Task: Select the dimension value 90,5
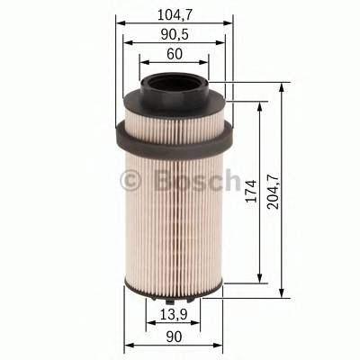(x=176, y=34)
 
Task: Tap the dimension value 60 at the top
(x=175, y=55)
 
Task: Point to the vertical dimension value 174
(x=252, y=191)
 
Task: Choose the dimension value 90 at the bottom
(x=174, y=337)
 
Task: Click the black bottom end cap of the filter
(x=174, y=291)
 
